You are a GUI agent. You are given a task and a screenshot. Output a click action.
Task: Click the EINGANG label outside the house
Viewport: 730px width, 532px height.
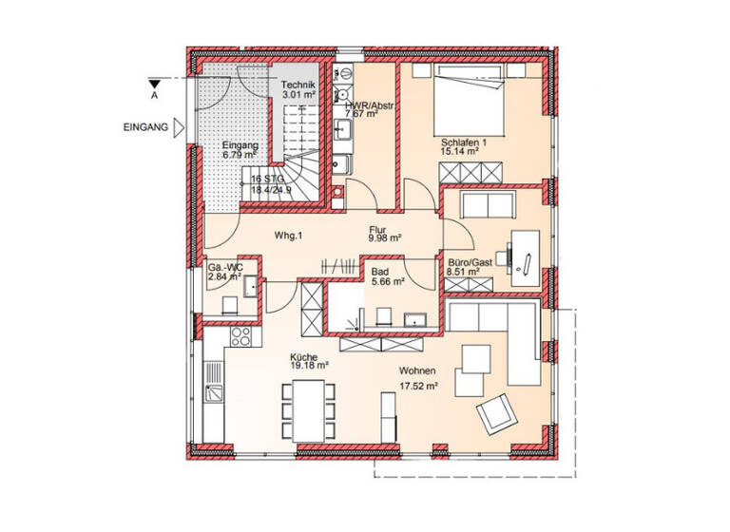coord(145,126)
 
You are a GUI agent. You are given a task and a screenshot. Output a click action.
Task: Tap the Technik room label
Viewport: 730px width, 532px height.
coord(298,85)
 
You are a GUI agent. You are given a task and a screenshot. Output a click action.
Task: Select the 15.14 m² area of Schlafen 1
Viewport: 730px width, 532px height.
coord(459,150)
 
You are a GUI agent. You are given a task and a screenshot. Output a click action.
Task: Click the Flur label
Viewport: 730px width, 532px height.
coord(380,229)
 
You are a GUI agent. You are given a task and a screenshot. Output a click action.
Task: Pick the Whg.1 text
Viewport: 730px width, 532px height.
coord(287,235)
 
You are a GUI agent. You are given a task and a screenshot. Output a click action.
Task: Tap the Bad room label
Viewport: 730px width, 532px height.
coord(381,271)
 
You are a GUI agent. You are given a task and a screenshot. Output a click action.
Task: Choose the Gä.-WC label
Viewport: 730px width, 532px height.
coord(225,268)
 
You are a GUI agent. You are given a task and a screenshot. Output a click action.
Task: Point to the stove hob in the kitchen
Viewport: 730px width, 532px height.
coord(240,335)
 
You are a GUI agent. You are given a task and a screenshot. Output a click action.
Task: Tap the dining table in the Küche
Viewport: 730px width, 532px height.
coord(308,408)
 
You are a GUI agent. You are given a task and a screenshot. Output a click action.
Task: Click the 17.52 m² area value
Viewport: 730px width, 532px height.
coord(418,387)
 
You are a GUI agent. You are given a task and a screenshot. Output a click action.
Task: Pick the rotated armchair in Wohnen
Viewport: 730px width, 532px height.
coord(496,412)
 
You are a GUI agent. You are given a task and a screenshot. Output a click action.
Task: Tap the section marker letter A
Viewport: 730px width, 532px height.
coord(153,95)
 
